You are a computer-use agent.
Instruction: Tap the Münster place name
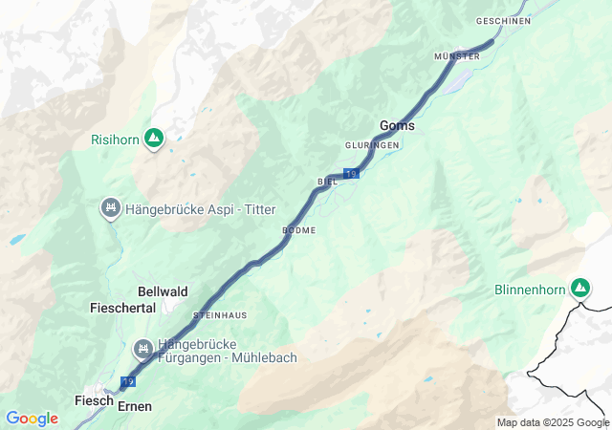456,57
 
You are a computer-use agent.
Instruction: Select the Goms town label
397,125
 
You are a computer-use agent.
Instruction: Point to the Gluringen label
372,145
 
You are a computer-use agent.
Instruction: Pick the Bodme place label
299,230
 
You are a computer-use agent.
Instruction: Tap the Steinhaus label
220,314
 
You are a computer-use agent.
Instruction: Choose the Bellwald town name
164,291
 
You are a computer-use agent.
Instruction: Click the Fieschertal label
122,309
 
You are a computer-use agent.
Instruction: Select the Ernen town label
135,406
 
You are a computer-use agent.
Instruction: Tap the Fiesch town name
94,401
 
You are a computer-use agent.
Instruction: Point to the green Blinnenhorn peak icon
579,287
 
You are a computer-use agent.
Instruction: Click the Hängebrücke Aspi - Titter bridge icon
111,207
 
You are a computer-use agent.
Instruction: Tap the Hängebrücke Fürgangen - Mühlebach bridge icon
143,348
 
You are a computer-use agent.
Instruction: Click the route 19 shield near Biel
352,173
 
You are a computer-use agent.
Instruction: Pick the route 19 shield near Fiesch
127,381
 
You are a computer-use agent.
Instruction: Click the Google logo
32,419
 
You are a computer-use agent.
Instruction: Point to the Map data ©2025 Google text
553,422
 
